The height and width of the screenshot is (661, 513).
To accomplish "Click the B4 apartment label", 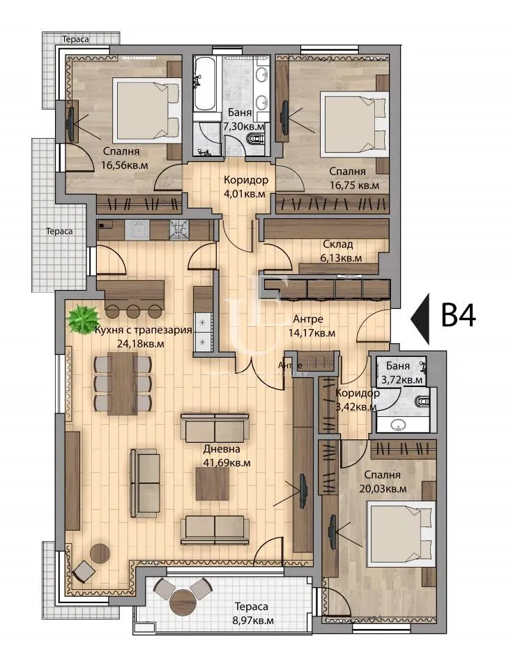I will [x=459, y=315].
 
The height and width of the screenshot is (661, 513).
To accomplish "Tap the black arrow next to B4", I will [x=421, y=315].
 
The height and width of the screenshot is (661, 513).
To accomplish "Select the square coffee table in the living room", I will [x=212, y=483].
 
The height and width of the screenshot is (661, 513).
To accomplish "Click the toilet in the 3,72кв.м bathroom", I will [x=422, y=402].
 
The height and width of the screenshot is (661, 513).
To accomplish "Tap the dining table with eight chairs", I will [x=122, y=383].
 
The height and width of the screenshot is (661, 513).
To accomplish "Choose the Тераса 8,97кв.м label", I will [x=251, y=613].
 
